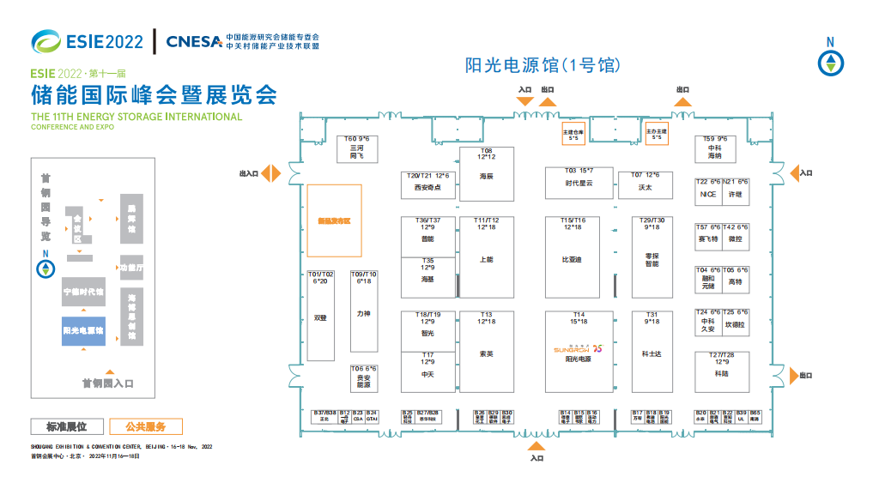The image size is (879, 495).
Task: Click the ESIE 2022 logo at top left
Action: click(87, 40)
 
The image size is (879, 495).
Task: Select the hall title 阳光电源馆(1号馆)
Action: click(542, 65)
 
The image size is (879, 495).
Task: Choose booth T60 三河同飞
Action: click(357, 149)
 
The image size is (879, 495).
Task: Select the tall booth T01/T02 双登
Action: click(321, 316)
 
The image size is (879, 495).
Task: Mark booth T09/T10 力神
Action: click(363, 311)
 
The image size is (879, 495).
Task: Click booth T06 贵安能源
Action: click(363, 378)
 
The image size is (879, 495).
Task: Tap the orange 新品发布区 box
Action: click(334, 220)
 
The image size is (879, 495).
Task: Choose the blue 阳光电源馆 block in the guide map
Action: click(83, 330)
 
